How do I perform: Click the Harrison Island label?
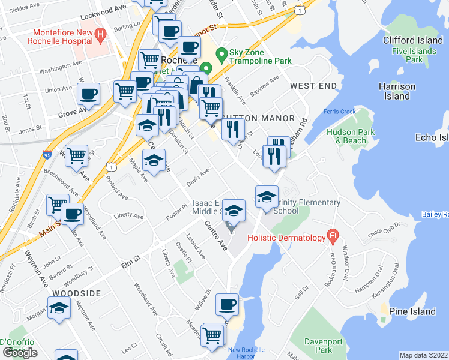tap(397, 91)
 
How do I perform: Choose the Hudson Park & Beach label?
tap(346, 136)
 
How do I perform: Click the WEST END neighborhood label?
tap(313, 86)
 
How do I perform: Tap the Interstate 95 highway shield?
tap(63, 155)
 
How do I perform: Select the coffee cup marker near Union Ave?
tap(89, 94)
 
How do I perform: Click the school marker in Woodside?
tap(59, 308)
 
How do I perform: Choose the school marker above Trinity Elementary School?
tap(267, 196)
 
